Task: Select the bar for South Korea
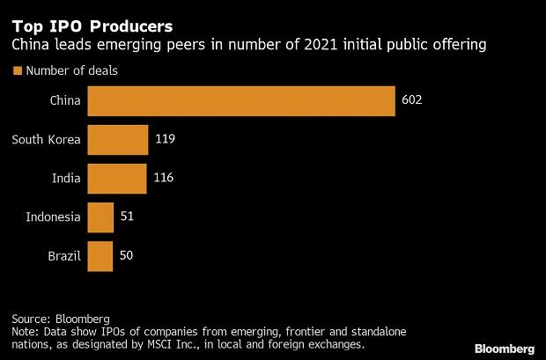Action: point(118,140)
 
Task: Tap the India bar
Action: point(117,179)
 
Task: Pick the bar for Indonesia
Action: point(100,217)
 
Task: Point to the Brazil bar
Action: point(100,256)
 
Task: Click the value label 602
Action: point(412,101)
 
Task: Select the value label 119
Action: point(166,140)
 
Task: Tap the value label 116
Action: point(163,179)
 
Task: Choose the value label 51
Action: point(128,217)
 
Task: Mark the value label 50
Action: point(128,256)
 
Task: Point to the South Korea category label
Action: point(46,140)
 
